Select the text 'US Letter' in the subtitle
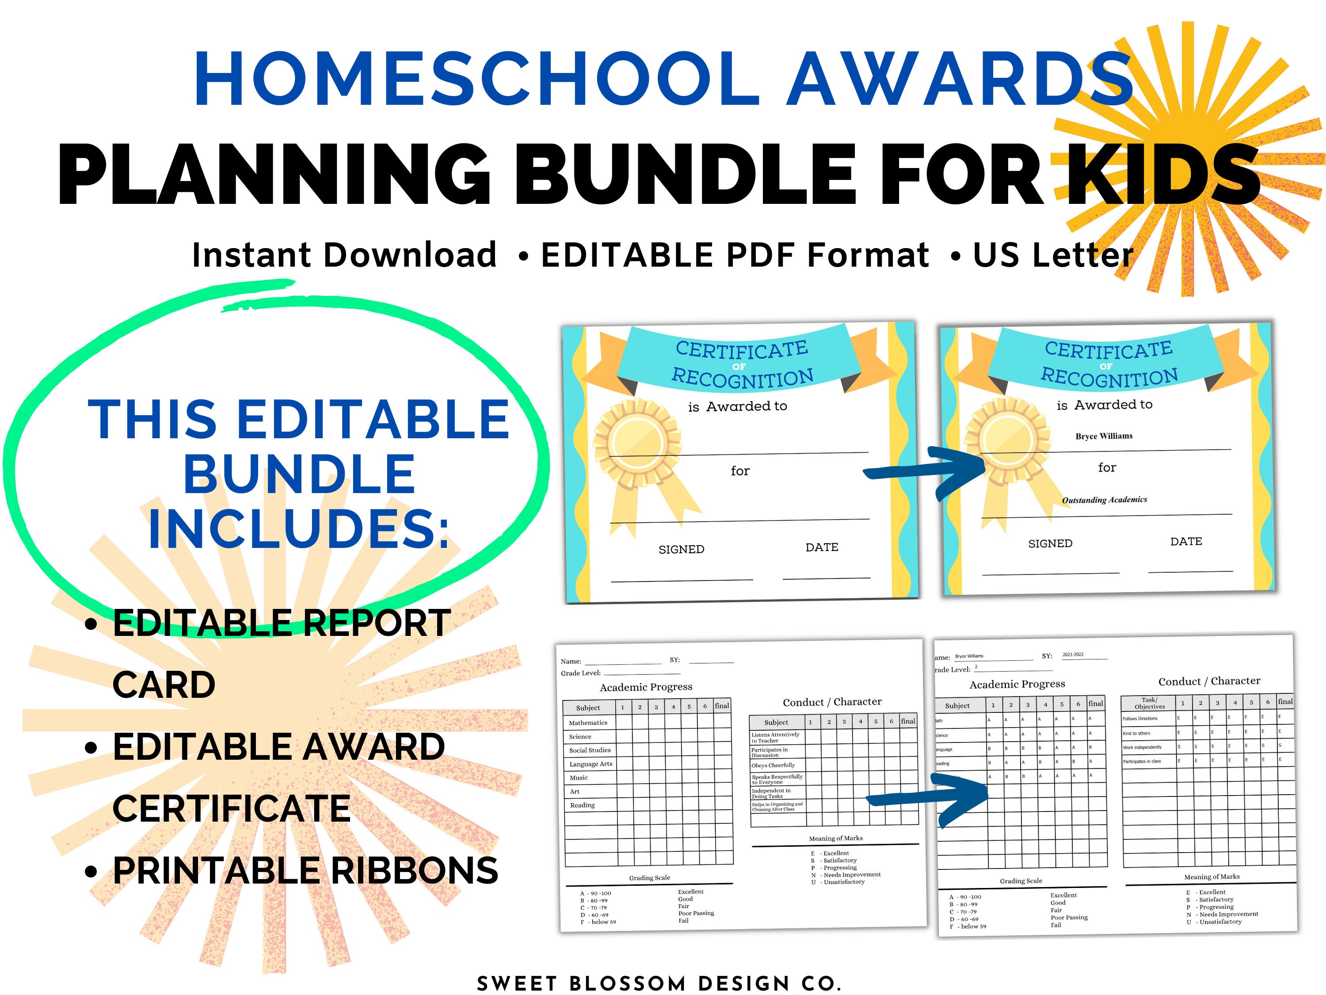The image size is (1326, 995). click(x=1053, y=256)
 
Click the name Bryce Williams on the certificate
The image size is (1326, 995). click(x=1104, y=436)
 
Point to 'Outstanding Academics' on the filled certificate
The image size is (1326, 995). click(x=1104, y=500)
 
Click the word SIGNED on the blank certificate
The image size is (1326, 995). click(x=681, y=549)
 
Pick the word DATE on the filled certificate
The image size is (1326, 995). click(x=1186, y=542)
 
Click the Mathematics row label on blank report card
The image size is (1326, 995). click(x=588, y=723)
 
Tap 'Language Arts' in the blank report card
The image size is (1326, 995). click(x=591, y=764)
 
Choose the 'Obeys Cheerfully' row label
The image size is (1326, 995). click(x=773, y=765)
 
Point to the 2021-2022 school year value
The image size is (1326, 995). click(x=1073, y=655)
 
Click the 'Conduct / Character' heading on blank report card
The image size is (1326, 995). click(x=832, y=702)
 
